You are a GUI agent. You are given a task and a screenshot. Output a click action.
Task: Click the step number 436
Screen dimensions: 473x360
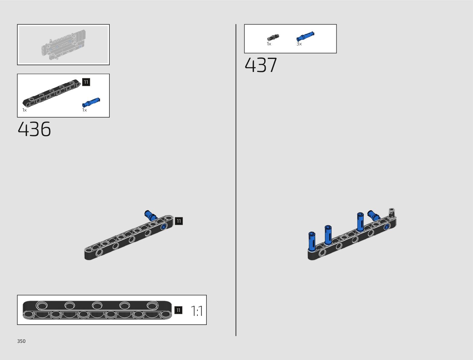tap(34, 129)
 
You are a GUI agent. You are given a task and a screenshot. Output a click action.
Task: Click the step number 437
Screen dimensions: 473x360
tap(261, 65)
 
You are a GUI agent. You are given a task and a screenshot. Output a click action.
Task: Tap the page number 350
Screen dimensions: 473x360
tap(21, 341)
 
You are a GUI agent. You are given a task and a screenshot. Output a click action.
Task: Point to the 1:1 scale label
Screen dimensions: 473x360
tap(197, 311)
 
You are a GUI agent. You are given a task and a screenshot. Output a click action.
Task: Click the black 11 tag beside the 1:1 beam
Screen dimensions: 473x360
tap(178, 310)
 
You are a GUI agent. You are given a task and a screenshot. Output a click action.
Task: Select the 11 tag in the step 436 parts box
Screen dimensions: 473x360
tap(86, 82)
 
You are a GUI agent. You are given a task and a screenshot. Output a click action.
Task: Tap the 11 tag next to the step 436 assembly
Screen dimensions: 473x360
tap(179, 221)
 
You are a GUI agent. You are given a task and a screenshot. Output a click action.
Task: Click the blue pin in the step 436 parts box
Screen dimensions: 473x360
tap(91, 102)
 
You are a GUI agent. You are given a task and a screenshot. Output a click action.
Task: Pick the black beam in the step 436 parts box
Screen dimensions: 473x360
tap(52, 93)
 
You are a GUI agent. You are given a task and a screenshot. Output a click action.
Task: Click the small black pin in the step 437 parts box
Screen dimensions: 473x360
tap(273, 37)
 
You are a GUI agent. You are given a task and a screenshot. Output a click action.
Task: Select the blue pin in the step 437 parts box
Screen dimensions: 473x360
tap(305, 36)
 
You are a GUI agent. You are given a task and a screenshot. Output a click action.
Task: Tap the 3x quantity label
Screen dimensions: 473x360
tap(299, 44)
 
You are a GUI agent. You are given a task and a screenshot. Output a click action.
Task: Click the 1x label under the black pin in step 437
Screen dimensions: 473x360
tap(269, 44)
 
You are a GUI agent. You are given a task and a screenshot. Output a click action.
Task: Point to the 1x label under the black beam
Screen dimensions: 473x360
tap(24, 110)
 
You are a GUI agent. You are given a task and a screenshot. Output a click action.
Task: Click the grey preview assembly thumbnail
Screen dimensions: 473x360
tap(63, 44)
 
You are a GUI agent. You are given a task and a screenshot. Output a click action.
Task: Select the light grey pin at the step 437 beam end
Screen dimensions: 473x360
tap(392, 213)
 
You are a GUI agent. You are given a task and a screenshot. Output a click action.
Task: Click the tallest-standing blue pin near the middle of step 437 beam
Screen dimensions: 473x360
tap(360, 222)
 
